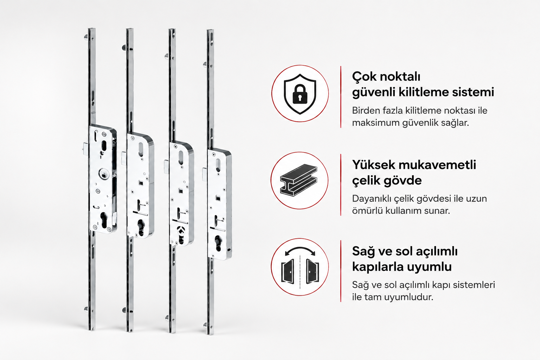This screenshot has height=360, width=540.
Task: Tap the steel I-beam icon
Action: pyautogui.click(x=299, y=180)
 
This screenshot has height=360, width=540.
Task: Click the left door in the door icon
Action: pyautogui.click(x=288, y=271)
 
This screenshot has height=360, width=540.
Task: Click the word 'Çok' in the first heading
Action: pyautogui.click(x=364, y=77)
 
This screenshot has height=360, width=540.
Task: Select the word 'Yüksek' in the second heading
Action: pyautogui.click(x=373, y=165)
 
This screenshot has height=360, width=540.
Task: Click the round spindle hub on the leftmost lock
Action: pyautogui.click(x=103, y=174)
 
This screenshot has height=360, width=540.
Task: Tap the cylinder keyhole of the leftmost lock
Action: pyautogui.click(x=104, y=220)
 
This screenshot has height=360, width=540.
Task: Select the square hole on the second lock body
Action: pyautogui.click(x=141, y=183)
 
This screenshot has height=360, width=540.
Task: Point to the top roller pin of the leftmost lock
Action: pyautogui.click(x=86, y=37)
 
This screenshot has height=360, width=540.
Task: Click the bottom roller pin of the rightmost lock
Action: pyautogui.click(x=205, y=325)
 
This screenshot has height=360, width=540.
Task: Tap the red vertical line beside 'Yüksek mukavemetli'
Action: pyautogui.click(x=341, y=185)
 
